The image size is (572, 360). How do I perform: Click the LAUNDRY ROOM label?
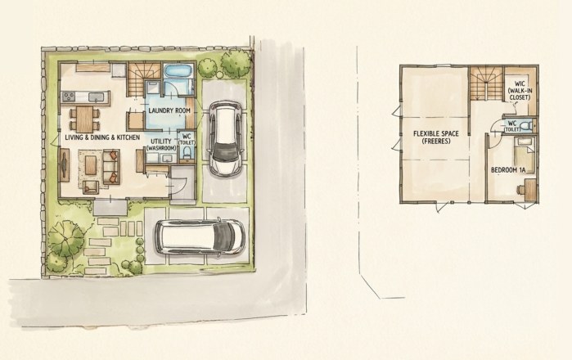pos(171,110)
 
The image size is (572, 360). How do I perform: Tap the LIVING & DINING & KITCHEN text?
pos(102,137)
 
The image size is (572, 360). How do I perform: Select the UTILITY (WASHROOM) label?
pos(160,144)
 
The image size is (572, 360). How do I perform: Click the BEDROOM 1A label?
pos(507,169)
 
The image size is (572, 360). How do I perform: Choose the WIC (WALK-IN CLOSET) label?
pos(519,89)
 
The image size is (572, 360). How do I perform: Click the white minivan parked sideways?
pos(199,236)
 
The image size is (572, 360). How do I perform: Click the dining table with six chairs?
pos(85,119)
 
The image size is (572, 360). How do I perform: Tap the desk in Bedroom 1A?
pos(529,189)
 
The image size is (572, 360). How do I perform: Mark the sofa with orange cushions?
pos(110,167)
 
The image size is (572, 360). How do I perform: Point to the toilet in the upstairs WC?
pos(525,126)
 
